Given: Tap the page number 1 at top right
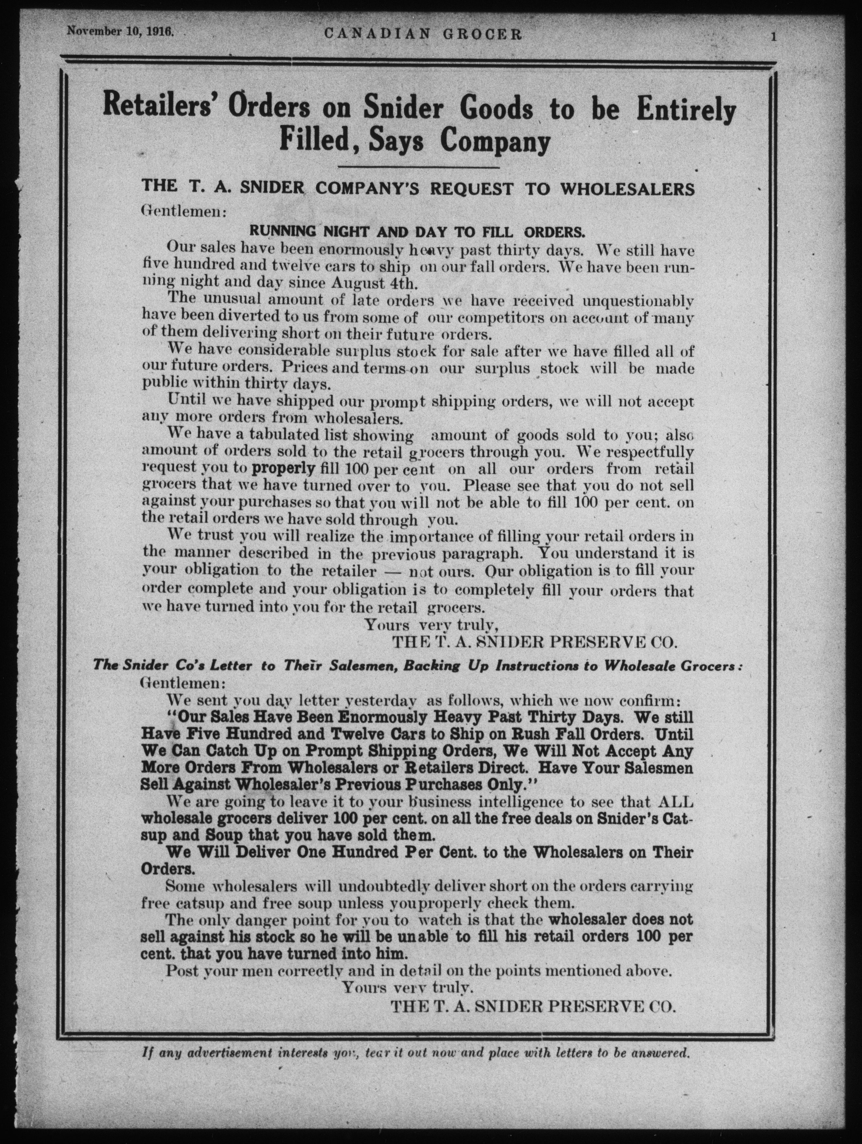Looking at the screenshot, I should point(774,36).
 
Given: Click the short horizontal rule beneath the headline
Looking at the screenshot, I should point(418,167).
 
